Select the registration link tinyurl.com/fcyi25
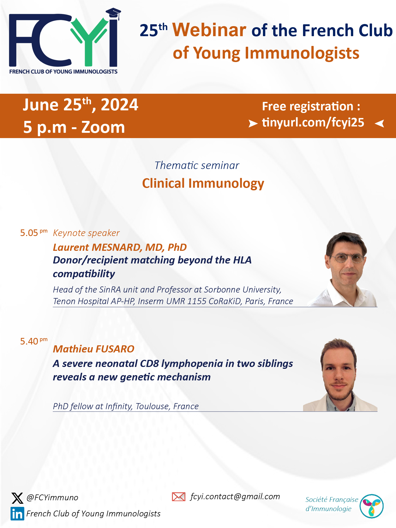point(313,122)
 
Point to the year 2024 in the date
point(119,105)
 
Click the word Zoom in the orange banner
point(103,127)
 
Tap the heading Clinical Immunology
point(203,183)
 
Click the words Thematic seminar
point(197,166)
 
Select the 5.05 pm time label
point(34,233)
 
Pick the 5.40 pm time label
point(34,341)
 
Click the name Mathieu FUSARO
point(94,349)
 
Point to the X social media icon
point(17,498)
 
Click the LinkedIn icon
point(17,513)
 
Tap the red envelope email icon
point(178,497)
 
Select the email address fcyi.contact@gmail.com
point(235,497)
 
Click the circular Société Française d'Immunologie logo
point(372,506)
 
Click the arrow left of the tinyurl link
point(253,123)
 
